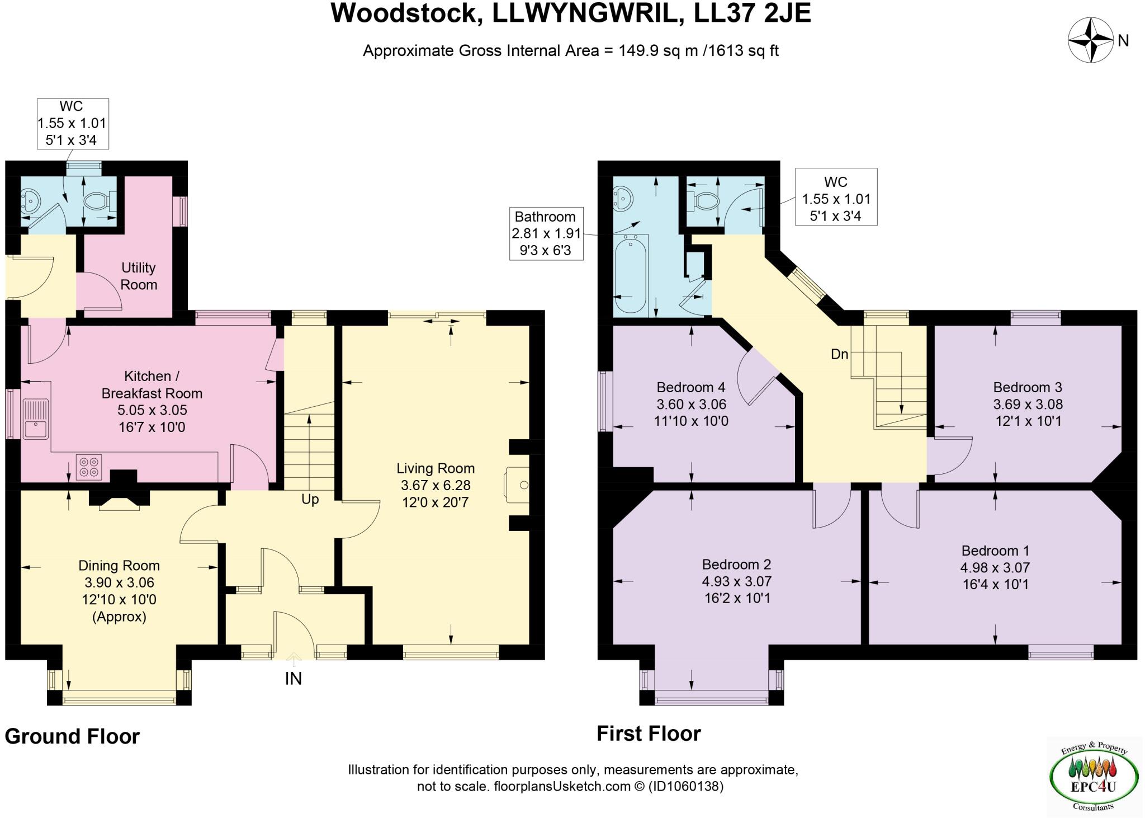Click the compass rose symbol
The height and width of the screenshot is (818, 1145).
click(1090, 40)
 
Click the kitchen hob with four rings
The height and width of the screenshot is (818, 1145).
click(89, 467)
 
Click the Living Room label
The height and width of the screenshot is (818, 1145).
click(435, 468)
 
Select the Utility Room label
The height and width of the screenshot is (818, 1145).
click(139, 276)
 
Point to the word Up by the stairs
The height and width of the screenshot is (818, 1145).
click(310, 499)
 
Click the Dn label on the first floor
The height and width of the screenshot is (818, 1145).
click(840, 354)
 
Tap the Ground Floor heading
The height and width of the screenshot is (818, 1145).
click(72, 736)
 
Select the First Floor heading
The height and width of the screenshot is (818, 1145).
click(649, 734)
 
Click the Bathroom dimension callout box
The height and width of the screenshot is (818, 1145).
click(546, 233)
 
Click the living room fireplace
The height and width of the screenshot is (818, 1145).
click(518, 485)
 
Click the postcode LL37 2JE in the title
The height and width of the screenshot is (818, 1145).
click(752, 13)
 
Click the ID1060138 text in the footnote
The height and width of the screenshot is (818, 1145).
click(685, 786)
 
